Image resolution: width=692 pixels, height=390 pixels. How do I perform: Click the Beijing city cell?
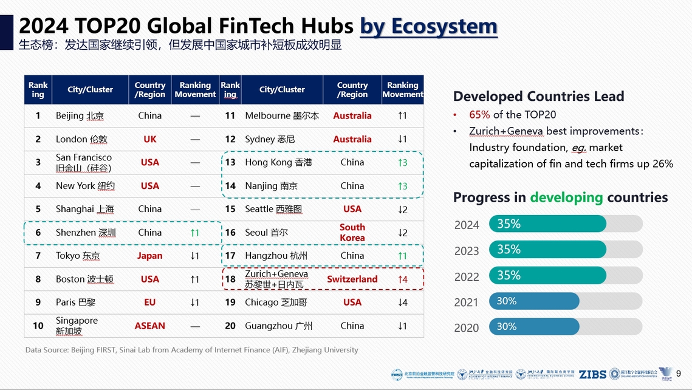coord(80,115)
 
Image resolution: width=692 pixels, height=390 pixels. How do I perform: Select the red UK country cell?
coord(149,139)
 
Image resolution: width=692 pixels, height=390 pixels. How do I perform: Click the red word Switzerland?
coord(352,279)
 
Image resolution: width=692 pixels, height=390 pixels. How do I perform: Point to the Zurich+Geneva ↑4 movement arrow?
coord(402,279)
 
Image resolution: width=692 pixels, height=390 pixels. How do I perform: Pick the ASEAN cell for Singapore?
coord(149,326)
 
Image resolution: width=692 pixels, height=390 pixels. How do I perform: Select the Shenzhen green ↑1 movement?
coord(194,233)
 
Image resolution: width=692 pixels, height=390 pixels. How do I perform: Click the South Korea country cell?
coord(352,233)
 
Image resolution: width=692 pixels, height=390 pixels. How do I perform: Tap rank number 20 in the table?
coord(230,326)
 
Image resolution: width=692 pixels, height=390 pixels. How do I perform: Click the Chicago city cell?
coord(276,303)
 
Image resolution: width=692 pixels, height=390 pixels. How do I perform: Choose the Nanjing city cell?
coord(271,186)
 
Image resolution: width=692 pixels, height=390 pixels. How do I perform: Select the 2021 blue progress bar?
coord(534,301)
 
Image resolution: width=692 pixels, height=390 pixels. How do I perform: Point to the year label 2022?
coord(467,276)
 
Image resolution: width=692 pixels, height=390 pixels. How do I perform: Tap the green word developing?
coord(566,197)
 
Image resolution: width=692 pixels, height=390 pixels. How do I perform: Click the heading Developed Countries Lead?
coord(538,96)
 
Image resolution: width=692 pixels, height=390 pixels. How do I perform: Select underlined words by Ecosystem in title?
coord(428,26)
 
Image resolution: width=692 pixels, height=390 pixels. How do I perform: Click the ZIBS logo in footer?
coord(592,374)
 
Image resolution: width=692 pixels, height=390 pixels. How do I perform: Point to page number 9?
coord(679,374)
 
